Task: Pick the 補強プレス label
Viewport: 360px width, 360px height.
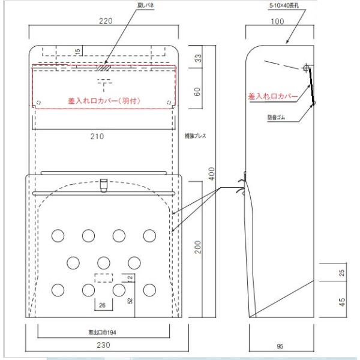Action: pos(196,136)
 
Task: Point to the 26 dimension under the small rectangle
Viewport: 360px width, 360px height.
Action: pos(102,305)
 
